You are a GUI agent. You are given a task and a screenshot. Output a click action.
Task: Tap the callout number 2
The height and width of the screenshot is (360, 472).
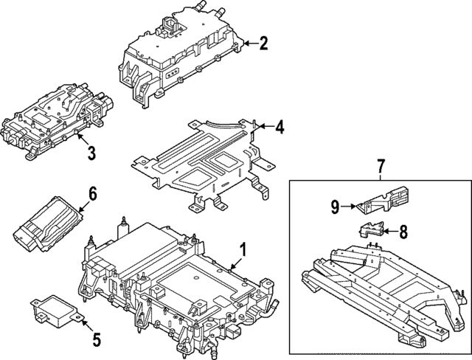264,44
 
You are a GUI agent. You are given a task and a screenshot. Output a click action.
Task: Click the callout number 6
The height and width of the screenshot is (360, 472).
92,193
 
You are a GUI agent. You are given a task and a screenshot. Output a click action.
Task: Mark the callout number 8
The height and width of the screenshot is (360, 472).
403,232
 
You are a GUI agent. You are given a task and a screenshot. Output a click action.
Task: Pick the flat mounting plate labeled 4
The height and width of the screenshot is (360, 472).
199,159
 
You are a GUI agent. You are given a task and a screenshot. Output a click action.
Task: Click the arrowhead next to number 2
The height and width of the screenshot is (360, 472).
246,44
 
